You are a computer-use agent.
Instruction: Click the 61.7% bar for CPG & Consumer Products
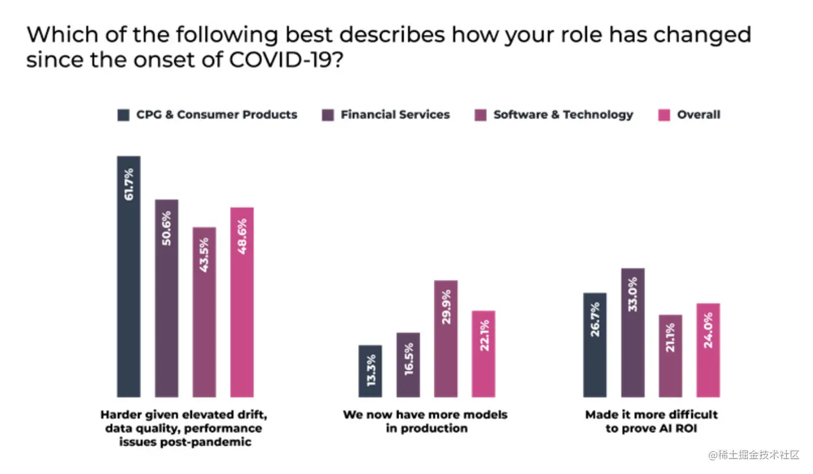129,276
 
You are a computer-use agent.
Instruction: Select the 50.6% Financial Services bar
166,298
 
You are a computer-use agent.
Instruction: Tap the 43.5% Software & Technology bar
204,312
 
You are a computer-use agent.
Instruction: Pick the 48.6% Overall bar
241,302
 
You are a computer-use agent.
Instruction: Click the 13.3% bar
370,371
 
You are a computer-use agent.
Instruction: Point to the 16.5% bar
408,365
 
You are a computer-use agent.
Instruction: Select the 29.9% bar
445,338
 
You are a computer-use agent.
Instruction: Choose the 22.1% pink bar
483,354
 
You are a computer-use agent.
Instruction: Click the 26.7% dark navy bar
595,345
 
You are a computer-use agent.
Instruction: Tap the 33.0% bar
633,332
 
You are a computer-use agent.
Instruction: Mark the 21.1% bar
670,355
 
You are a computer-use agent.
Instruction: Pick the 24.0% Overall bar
708,350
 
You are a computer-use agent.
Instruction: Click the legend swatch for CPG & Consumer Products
124,115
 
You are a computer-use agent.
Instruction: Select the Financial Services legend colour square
328,115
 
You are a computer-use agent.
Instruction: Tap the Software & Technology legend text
562,115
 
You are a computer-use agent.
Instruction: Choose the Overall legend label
698,115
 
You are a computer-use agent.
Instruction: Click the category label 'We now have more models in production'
425,421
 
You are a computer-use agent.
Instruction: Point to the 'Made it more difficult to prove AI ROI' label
651,421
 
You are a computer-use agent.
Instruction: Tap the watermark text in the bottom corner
754,455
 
